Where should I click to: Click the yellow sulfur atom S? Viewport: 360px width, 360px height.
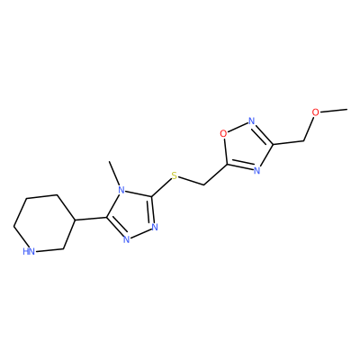click(x=175, y=176)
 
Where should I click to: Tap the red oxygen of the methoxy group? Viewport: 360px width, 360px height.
click(x=315, y=112)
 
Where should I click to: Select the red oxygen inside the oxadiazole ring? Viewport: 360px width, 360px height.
click(x=223, y=133)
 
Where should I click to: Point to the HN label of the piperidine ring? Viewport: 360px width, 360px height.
click(x=29, y=251)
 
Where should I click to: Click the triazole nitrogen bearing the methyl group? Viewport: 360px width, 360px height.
click(x=121, y=190)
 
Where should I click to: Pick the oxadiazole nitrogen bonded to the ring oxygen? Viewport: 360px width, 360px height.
click(x=252, y=121)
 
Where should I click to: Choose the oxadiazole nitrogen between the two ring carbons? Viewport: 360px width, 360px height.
click(x=256, y=171)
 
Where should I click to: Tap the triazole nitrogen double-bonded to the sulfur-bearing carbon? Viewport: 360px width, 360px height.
click(x=155, y=227)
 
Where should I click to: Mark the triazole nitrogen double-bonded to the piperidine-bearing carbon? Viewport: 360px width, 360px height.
click(x=126, y=239)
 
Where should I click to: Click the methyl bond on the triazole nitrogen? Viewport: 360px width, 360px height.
click(x=114, y=174)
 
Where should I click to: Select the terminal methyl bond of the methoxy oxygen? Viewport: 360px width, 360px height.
click(x=334, y=111)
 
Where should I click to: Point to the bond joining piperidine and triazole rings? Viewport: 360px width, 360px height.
click(x=90, y=219)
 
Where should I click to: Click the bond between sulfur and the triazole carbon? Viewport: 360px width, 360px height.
click(x=161, y=188)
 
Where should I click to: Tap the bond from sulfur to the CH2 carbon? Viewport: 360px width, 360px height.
click(x=191, y=181)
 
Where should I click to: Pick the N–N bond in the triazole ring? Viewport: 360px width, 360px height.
click(x=140, y=233)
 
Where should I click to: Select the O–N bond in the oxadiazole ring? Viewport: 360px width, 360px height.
click(x=238, y=127)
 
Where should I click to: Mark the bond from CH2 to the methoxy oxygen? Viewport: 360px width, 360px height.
click(x=309, y=129)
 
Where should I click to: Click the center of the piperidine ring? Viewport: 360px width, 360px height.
click(x=44, y=222)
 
